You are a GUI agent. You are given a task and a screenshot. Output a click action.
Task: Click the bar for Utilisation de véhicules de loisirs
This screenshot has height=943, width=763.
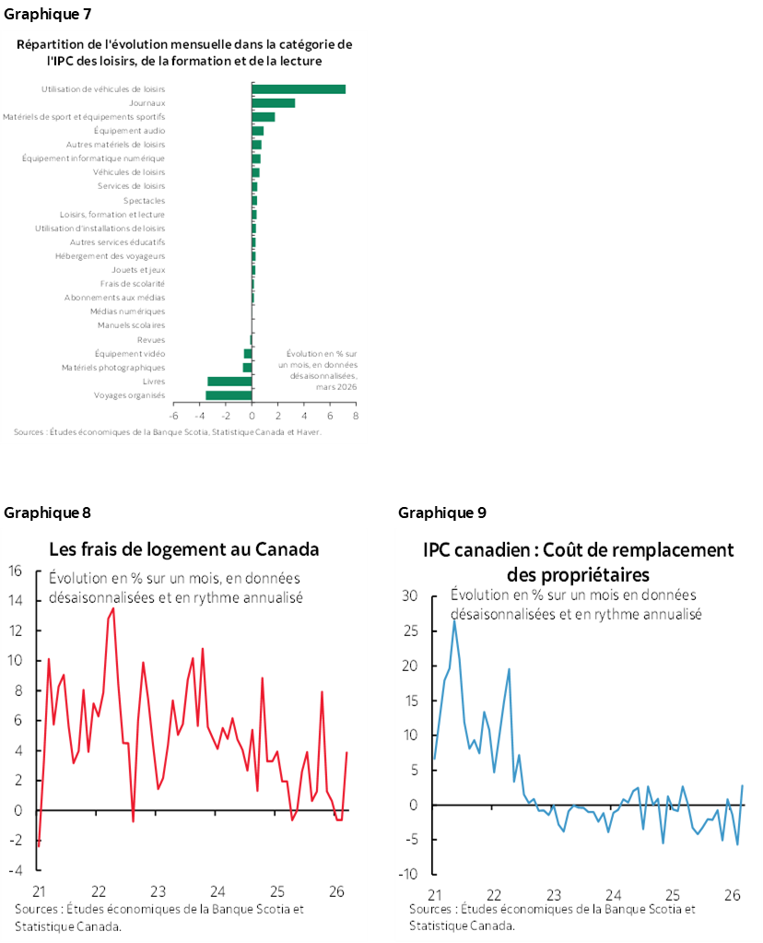299,88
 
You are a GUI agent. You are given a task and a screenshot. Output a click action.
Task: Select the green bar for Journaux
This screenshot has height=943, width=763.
274,102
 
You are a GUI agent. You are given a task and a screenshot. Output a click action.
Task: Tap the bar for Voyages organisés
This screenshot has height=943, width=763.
229,395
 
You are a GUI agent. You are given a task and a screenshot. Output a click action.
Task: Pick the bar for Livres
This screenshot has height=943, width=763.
229,382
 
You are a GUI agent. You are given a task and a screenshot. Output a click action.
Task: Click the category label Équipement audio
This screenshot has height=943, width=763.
142,131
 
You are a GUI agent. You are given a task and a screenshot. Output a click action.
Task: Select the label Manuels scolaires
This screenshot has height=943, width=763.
132,325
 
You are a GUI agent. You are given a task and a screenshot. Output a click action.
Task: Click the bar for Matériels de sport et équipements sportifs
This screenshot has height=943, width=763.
264,117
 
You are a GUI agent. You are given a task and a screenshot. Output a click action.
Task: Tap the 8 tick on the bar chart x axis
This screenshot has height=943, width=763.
356,416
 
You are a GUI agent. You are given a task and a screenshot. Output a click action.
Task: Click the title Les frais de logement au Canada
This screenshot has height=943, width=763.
183,549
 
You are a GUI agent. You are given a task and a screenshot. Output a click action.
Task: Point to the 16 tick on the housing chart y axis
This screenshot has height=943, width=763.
15,571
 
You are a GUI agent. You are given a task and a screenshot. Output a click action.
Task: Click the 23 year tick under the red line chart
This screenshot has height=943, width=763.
158,891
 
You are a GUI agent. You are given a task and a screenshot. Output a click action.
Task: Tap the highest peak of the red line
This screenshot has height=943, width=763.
113,608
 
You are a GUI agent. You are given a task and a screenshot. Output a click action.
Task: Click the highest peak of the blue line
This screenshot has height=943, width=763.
454,620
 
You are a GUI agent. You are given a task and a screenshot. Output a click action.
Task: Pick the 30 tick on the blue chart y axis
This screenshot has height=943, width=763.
413,595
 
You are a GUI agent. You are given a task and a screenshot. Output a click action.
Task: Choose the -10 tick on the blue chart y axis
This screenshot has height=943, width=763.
410,875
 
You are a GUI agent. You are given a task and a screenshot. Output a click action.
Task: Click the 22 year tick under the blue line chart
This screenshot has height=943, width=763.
494,895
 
